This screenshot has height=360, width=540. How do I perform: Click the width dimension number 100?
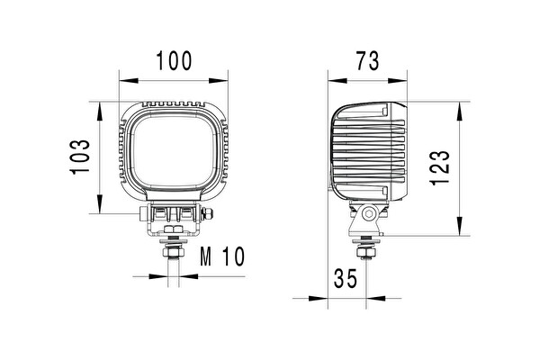[174, 61]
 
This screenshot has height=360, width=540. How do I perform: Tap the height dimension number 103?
[80, 158]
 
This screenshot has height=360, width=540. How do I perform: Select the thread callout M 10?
[221, 257]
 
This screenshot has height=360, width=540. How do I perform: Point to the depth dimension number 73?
[365, 61]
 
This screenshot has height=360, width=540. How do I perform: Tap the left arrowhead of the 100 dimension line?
[123, 79]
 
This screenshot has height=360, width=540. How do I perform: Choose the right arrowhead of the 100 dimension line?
[225, 79]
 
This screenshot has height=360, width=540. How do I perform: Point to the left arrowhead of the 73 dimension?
[332, 79]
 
